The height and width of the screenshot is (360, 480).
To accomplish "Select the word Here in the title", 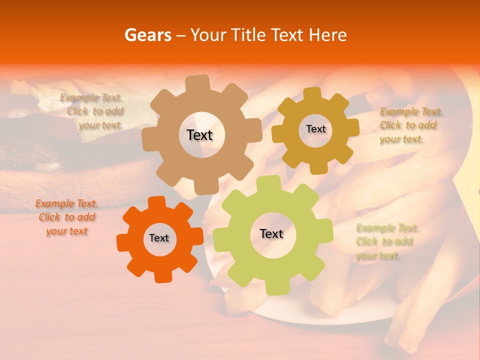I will (328, 35).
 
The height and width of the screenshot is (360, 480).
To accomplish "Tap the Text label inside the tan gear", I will (199, 135).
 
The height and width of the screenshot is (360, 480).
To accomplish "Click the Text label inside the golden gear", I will (315, 129).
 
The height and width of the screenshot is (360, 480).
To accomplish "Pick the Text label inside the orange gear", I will (159, 238).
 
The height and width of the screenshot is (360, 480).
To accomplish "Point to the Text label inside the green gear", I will (271, 233).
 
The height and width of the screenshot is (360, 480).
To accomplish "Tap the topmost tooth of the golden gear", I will (312, 93).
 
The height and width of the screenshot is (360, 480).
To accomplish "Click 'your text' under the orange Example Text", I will (66, 231).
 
